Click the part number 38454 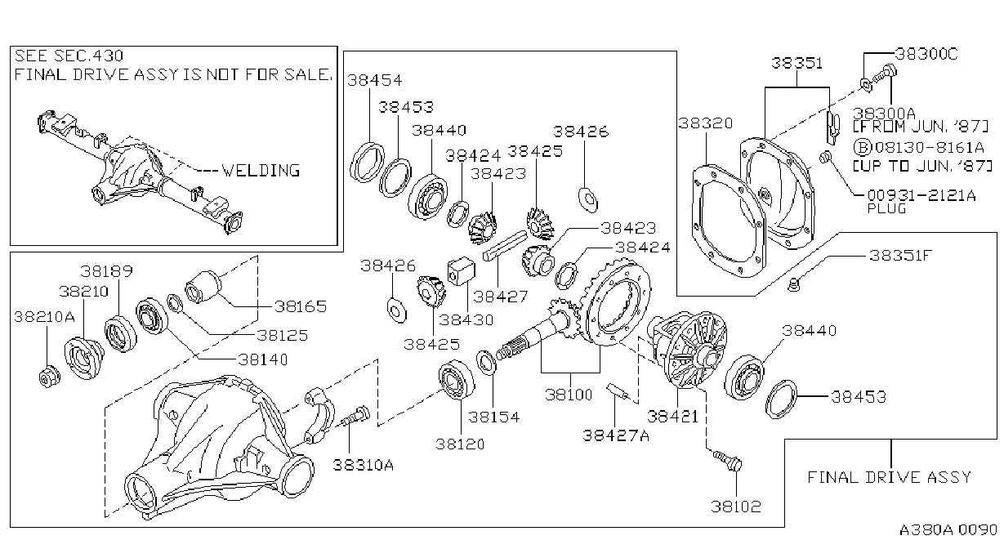point(375,80)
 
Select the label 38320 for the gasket point(706,123)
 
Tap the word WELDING point(261,170)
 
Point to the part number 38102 point(736,507)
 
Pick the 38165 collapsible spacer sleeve point(203,287)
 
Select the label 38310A point(363,465)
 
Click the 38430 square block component point(462,270)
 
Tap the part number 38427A point(616,435)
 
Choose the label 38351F point(900,256)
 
